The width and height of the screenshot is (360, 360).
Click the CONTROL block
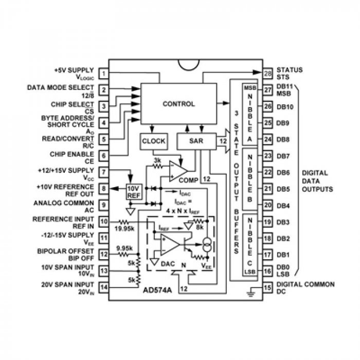178,104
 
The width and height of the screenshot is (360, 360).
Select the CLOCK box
153,140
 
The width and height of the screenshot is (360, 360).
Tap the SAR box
195,140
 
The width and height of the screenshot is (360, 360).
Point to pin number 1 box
104,74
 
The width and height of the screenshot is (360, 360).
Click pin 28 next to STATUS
267,74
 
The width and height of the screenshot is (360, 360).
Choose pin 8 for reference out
104,189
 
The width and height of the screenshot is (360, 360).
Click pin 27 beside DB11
267,90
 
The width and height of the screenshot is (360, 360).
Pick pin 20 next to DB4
267,205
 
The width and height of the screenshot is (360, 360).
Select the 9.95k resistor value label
125,248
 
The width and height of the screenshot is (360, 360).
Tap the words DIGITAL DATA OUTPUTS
316,181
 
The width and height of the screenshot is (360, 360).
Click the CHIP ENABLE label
71,154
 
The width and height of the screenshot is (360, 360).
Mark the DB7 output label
283,156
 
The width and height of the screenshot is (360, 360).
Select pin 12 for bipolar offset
104,254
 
